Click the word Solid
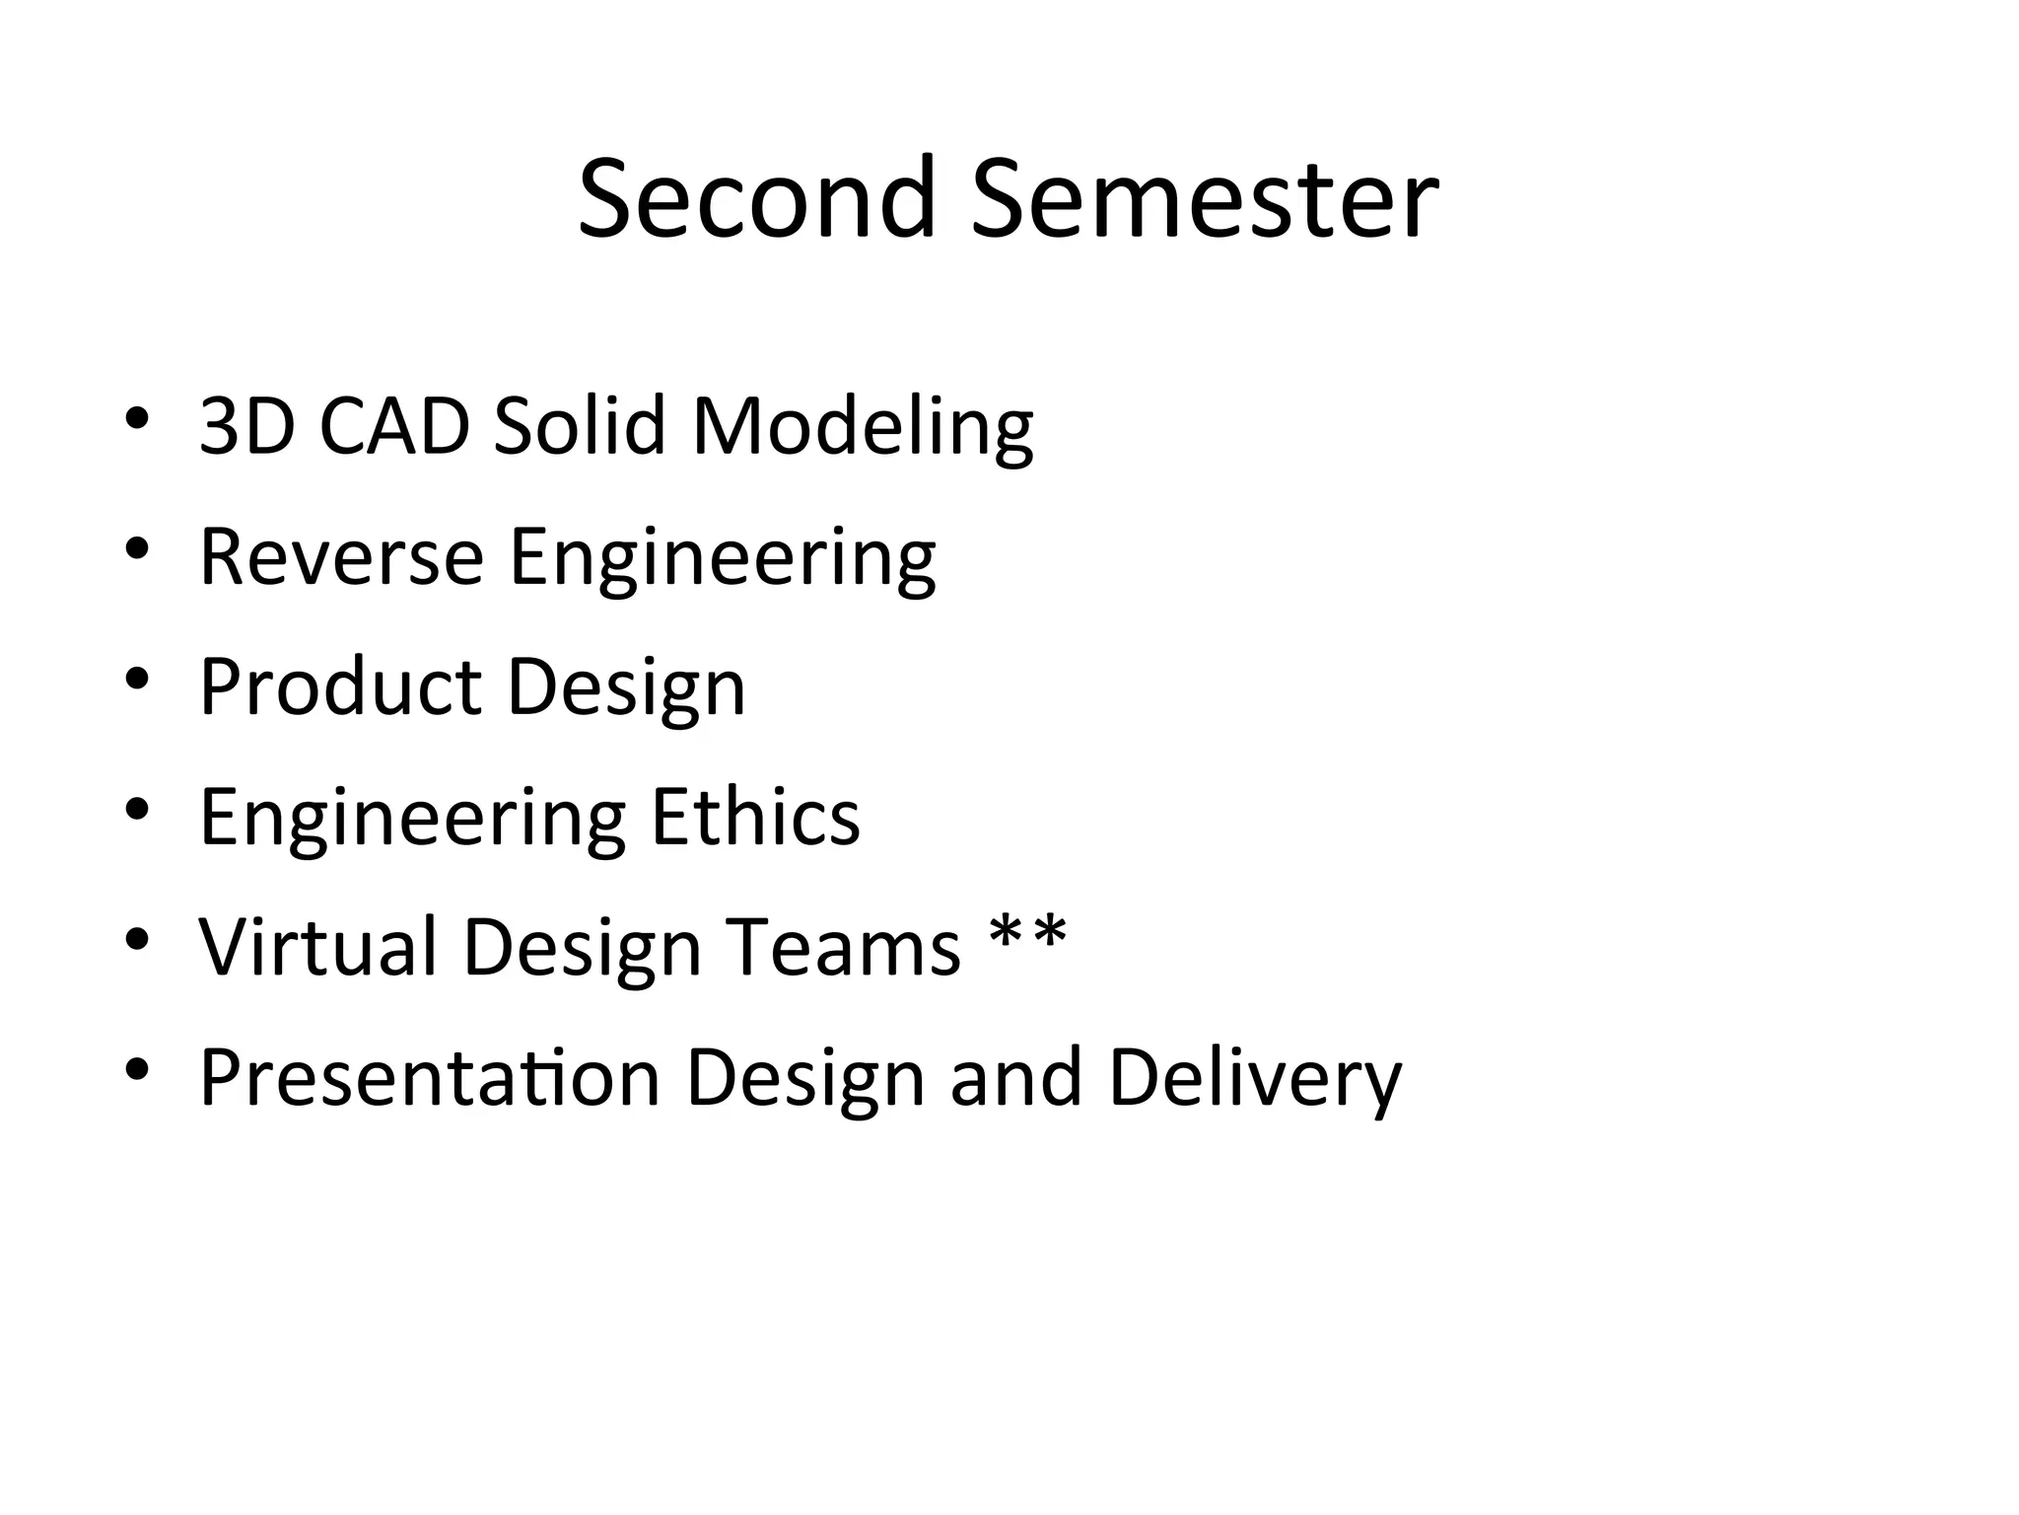580,426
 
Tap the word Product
340,686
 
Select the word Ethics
755,817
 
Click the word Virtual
317,947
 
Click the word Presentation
429,1077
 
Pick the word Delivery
1254,1079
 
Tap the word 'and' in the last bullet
1015,1077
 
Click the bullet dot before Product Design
137,678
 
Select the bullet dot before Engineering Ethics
137,808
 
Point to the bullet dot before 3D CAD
137,417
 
